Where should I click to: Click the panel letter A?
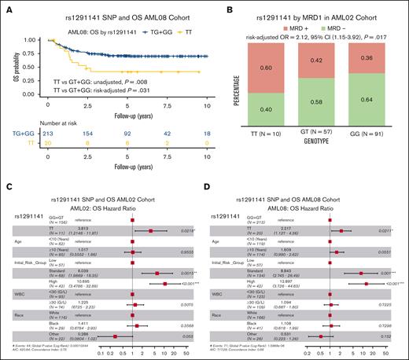point(7,7)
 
